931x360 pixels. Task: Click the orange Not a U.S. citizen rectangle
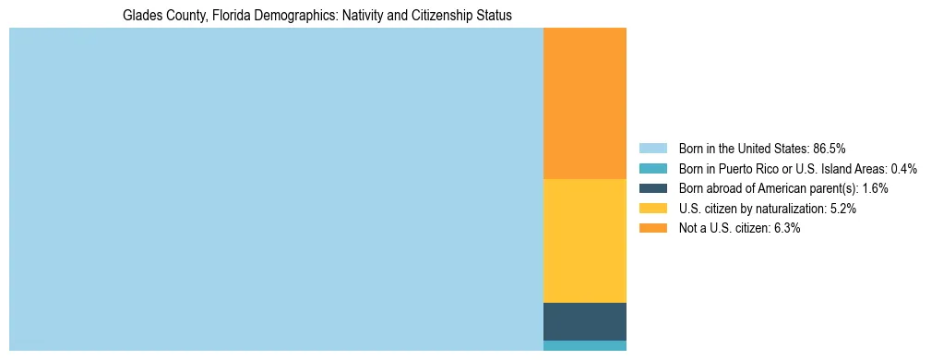coord(584,103)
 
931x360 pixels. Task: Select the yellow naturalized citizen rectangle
coord(584,240)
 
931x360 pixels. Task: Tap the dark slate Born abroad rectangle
coord(584,321)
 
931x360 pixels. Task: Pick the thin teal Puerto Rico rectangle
coord(584,345)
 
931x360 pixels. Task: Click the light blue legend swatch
coord(652,148)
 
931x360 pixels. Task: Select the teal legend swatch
coord(652,168)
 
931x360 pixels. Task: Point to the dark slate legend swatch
coord(652,188)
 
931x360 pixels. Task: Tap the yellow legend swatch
coord(652,209)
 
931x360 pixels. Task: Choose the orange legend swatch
coord(652,228)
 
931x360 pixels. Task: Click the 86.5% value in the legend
coord(829,148)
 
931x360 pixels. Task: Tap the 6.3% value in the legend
coord(787,228)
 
